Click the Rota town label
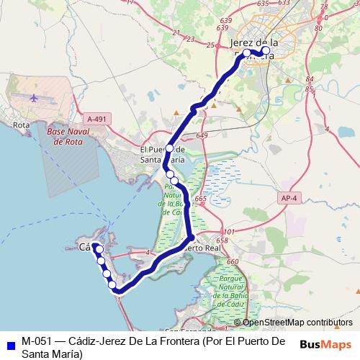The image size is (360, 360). tap(20, 125)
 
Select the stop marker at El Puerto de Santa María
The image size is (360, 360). tap(170, 148)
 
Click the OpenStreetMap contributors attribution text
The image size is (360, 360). tap(297, 323)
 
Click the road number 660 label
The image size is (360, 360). tap(233, 262)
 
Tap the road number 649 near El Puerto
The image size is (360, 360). tap(202, 136)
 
